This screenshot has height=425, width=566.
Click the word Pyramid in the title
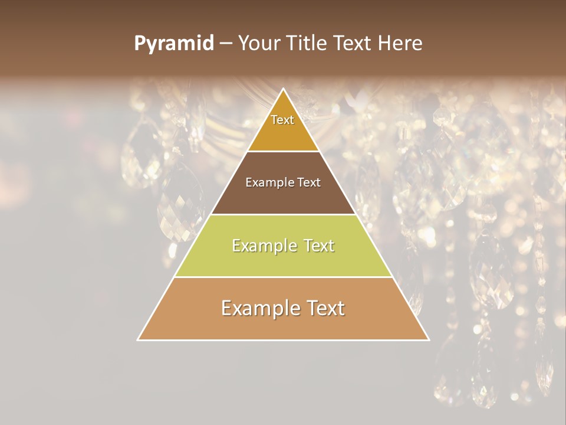tap(173, 44)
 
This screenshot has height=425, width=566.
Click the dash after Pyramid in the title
tap(225, 44)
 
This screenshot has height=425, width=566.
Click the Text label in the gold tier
tap(282, 120)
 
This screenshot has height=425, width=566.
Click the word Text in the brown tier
tap(309, 182)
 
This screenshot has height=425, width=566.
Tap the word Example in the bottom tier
tap(260, 308)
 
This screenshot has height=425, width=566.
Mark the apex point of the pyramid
tap(284, 89)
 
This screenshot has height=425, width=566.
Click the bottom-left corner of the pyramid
tap(138, 339)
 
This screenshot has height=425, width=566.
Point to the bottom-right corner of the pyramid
tap(429, 339)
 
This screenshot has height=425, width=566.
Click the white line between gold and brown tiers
tap(283, 152)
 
